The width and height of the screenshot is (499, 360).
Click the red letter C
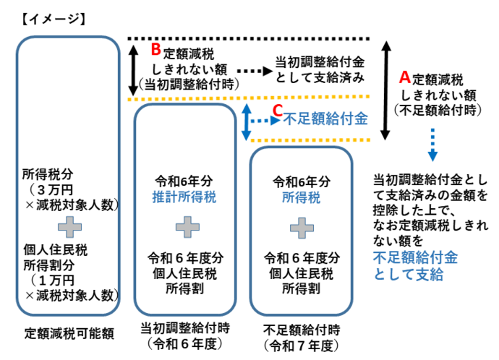(276, 111)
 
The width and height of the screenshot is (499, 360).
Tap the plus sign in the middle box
(185, 227)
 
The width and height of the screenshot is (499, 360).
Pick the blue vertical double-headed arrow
(247, 120)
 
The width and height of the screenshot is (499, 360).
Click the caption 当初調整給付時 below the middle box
(185, 327)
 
